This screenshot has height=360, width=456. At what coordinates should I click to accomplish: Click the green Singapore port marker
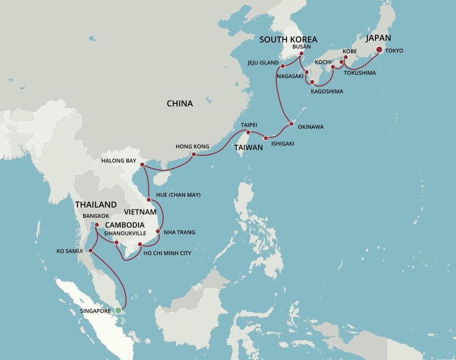118,310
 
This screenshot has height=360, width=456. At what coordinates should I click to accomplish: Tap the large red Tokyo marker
379,50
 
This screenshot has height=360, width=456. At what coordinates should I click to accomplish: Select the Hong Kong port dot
194,154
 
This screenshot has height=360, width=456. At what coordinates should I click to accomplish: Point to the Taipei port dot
248,132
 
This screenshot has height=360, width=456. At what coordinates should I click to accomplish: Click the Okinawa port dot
291,123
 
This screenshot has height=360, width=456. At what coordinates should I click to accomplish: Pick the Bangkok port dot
97,225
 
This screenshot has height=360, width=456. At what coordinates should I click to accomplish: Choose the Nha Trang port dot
158,231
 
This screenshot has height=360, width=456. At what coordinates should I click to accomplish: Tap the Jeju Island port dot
283,66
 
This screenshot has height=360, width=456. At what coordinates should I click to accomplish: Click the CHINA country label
180,104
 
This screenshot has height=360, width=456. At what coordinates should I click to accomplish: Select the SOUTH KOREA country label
288,39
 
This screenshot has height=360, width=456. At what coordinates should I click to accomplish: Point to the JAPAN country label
378,38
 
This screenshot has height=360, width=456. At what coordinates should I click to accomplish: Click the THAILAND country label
96,205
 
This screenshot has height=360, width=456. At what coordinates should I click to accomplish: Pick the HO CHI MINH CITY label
167,253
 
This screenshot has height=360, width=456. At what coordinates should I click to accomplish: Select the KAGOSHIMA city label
327,91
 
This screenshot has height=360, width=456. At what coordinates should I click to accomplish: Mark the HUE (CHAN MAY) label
178,195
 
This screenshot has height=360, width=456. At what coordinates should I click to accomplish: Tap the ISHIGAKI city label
283,144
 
